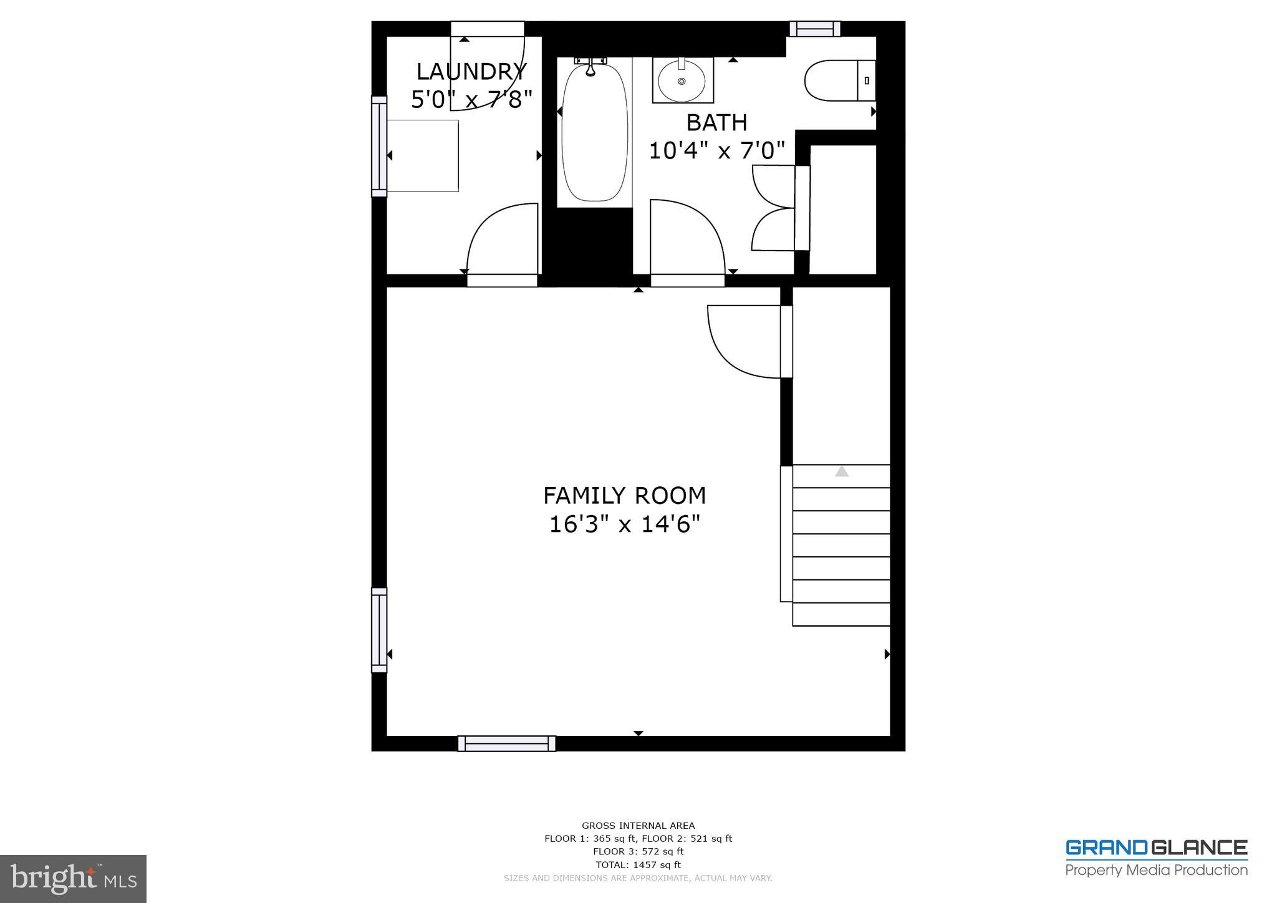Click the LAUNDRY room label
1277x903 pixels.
(471, 72)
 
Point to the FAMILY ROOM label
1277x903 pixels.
(624, 496)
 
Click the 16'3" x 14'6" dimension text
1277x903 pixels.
(624, 524)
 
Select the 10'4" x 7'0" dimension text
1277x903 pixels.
(716, 150)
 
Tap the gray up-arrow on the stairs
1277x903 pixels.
(842, 471)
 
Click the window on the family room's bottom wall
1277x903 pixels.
(506, 743)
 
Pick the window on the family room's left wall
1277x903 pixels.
(379, 630)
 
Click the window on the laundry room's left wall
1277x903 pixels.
(379, 147)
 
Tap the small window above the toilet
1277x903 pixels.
(814, 29)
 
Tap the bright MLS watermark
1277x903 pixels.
(74, 878)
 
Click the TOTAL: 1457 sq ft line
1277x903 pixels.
(638, 865)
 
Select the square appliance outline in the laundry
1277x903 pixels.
(423, 156)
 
